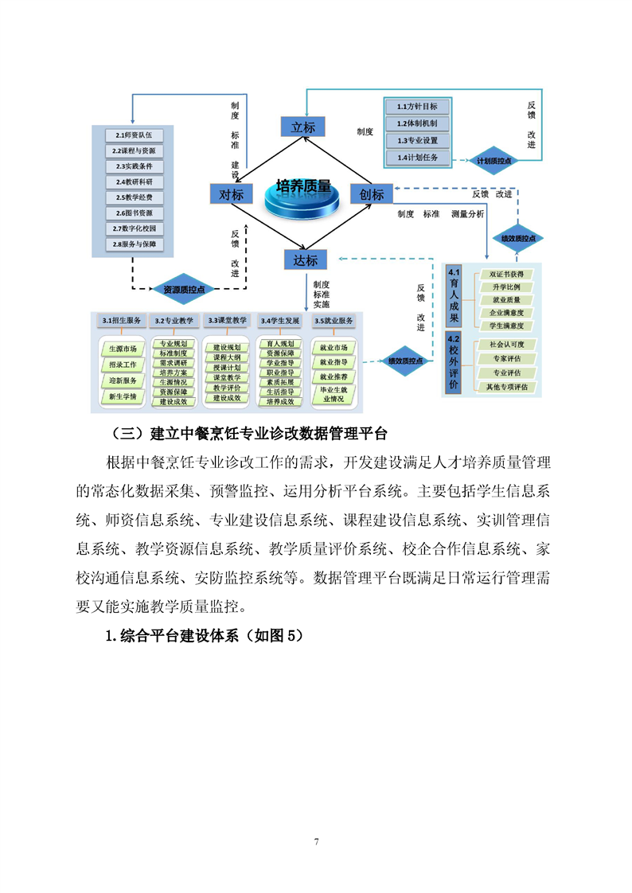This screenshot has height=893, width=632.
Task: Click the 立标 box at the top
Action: [303, 127]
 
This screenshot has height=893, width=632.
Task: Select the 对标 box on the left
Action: [231, 193]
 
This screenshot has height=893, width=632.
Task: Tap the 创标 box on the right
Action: [372, 194]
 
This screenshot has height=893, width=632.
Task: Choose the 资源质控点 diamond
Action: [184, 289]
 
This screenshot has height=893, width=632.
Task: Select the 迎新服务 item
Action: [123, 380]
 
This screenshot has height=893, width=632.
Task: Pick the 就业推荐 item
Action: [333, 376]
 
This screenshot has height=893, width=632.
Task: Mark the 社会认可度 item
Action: [506, 345]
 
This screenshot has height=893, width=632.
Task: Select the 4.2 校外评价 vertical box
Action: [454, 365]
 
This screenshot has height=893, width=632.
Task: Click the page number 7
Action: [316, 841]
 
